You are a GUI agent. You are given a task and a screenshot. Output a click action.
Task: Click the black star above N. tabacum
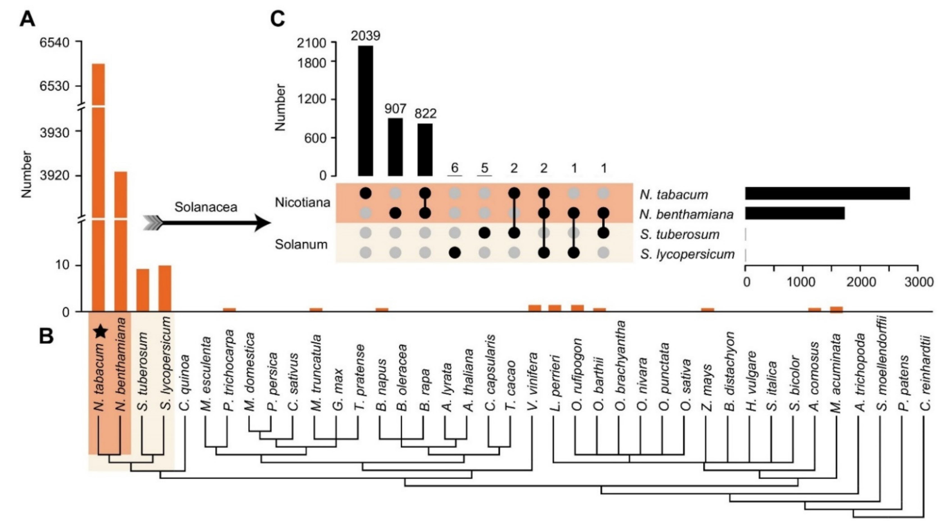point(100,332)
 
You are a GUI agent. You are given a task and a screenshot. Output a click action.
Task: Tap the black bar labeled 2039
point(365,111)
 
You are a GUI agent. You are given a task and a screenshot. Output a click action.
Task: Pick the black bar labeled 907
point(395,147)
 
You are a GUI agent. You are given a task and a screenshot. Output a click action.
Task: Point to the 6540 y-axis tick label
point(55,43)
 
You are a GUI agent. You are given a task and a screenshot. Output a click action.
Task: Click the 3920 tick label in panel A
point(55,176)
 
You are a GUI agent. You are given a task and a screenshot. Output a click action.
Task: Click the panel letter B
point(46,336)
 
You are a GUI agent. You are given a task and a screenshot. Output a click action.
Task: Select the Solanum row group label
point(301,244)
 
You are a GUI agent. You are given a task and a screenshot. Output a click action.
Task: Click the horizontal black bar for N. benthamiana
point(795,213)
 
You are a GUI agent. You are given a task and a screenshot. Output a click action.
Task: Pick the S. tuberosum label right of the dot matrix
point(679,234)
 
